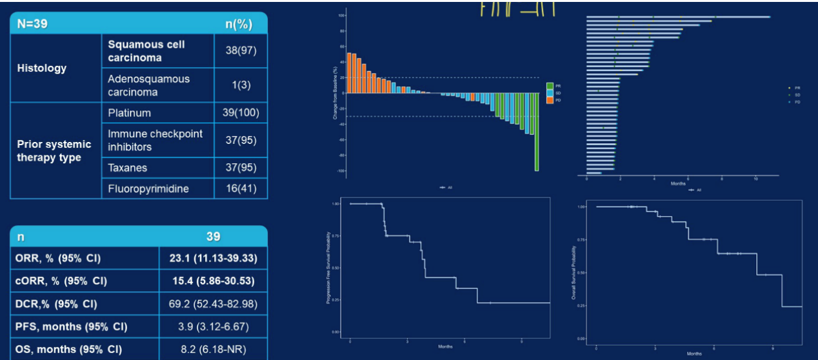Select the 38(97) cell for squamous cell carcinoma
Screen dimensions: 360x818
point(240,51)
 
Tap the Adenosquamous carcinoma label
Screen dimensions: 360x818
point(149,85)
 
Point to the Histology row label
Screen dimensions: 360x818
point(42,68)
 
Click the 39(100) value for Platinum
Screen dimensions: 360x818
point(240,113)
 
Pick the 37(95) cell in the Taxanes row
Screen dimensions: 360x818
point(240,168)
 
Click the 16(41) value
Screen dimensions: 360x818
point(240,188)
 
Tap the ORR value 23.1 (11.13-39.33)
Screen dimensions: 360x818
point(213,258)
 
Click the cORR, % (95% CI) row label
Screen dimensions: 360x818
point(61,281)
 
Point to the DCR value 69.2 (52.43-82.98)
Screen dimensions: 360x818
point(213,304)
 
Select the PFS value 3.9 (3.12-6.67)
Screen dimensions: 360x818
point(213,327)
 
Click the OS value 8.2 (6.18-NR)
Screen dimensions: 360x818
point(213,350)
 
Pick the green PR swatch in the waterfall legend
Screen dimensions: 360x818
point(550,86)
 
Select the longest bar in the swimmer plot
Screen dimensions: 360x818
point(677,17)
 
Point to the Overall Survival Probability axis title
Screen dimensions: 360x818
point(574,272)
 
